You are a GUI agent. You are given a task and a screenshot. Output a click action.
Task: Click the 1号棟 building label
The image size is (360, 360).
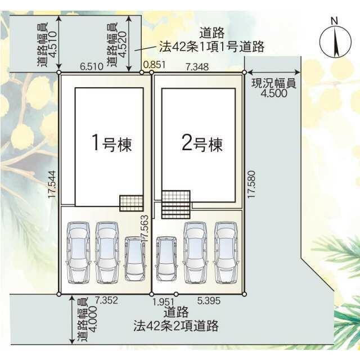(x=112, y=143)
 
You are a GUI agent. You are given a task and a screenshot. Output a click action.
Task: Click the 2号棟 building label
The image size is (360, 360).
(x=202, y=143)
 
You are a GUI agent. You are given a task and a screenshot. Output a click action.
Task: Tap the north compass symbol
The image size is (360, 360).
(x=335, y=39)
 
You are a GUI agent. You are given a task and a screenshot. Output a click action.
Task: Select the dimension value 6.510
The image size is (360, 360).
(x=92, y=66)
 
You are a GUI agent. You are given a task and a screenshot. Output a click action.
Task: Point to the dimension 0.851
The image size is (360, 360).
(x=154, y=65)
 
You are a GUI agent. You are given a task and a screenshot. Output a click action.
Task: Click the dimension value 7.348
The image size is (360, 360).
(x=197, y=67)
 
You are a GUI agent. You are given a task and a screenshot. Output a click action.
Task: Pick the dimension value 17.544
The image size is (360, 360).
(x=52, y=184)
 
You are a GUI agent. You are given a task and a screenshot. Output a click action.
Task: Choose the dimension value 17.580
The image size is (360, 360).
(x=251, y=184)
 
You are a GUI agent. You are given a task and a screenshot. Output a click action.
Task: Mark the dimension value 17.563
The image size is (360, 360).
(x=145, y=229)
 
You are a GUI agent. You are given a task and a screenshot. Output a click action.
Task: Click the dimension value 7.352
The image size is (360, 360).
(x=106, y=300)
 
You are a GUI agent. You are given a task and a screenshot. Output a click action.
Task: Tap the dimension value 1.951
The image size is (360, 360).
(x=164, y=302)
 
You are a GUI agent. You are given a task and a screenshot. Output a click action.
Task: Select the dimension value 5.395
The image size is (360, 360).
(x=209, y=300)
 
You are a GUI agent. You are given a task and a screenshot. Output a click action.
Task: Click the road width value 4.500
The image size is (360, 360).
(x=274, y=93)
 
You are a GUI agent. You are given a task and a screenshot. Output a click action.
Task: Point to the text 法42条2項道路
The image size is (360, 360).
(x=176, y=326)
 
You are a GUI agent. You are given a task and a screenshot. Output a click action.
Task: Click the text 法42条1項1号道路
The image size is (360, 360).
(x=211, y=47)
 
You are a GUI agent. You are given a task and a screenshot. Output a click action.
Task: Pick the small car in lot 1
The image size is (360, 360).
(x=135, y=259)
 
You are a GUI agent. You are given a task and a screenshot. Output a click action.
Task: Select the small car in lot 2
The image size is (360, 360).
(x=166, y=259)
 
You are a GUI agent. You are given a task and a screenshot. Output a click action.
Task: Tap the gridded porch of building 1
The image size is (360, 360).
(x=132, y=203)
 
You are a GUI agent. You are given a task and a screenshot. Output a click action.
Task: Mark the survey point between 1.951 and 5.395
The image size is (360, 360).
(x=176, y=294)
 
